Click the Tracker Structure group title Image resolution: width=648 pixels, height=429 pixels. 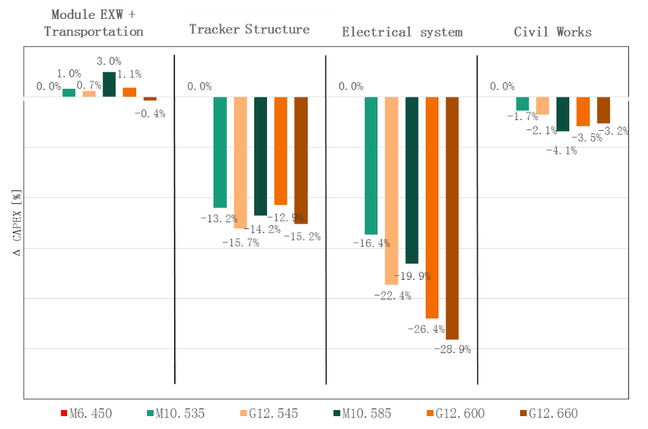click(249, 29)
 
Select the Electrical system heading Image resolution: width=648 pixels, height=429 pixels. click(402, 32)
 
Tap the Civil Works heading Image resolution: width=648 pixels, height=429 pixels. click(552, 32)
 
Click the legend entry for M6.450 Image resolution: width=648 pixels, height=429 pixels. click(85, 413)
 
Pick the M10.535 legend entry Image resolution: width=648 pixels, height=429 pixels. click(176, 413)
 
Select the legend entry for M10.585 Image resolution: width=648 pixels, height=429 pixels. click(362, 413)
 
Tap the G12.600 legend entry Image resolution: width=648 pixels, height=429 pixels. click(455, 413)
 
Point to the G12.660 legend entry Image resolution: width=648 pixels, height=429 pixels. click(549, 413)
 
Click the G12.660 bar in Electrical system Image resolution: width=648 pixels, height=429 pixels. click(452, 218)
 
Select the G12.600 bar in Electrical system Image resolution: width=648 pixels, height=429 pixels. click(432, 207)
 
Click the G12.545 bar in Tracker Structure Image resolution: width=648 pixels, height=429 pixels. click(241, 163)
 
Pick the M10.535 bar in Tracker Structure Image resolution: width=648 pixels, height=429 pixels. click(220, 152)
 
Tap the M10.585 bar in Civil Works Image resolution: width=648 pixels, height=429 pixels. click(563, 114)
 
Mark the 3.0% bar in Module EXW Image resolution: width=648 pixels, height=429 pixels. click(109, 84)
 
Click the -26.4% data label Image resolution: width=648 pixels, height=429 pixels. click(426, 329)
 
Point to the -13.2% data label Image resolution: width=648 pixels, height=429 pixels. click(218, 218)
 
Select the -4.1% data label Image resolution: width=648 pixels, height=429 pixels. click(561, 151)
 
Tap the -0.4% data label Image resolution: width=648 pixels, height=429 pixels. click(148, 114)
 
